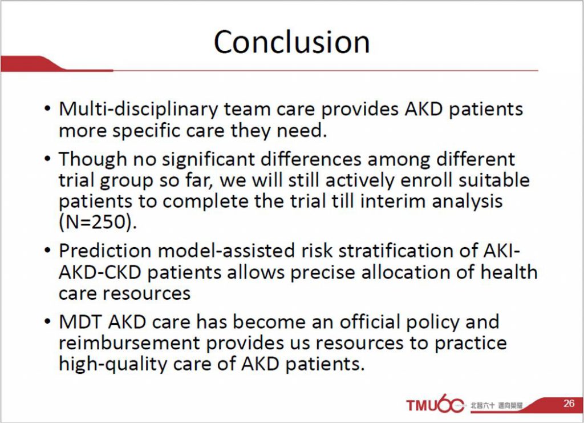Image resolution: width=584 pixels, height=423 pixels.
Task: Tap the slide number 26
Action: pos(569,403)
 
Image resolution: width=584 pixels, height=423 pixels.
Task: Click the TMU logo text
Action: pos(421,405)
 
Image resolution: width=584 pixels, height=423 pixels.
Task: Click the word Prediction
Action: pos(105,250)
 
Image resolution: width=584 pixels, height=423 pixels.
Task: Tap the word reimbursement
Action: pos(129,343)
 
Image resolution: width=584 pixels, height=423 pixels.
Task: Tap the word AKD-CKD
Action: pos(100,272)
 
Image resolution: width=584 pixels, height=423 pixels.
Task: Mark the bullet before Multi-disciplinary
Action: pos(47,109)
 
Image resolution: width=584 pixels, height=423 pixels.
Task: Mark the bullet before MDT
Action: pos(47,322)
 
